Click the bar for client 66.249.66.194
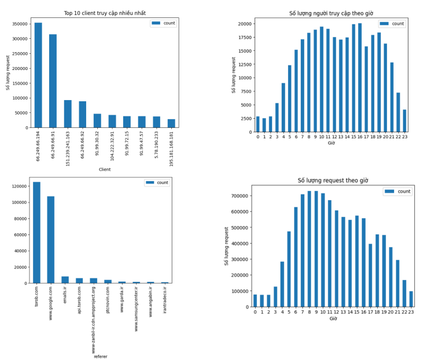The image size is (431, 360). pos(38,75)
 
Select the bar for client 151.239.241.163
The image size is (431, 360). pos(68,114)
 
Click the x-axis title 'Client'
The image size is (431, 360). pos(104,170)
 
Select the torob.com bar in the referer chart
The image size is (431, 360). pos(37,233)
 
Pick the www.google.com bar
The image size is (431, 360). pos(51,240)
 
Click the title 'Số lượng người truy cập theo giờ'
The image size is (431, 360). pos(331,13)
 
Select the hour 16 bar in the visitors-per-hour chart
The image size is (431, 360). pos(359,78)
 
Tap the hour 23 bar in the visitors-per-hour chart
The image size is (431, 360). pos(404,121)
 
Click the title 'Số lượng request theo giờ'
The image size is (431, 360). pos(333,181)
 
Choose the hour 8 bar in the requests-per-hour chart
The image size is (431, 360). pos(309,249)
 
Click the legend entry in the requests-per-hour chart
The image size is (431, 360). pos(397,191)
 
